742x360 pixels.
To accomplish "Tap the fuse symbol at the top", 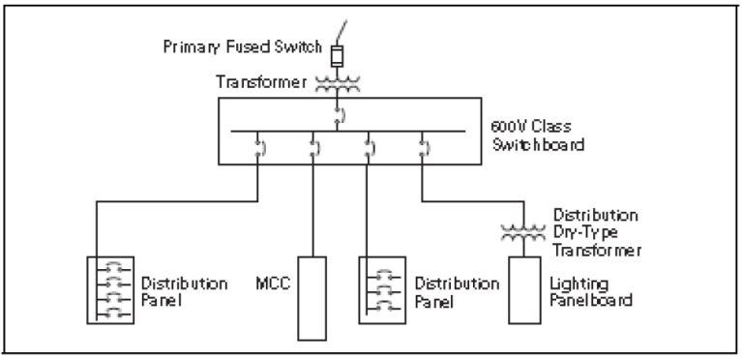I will pos(339,54).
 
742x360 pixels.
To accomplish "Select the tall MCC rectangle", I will pos(310,298).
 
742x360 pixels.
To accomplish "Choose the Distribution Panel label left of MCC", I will pos(182,292).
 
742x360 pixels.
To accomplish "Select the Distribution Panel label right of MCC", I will pos(450,292).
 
